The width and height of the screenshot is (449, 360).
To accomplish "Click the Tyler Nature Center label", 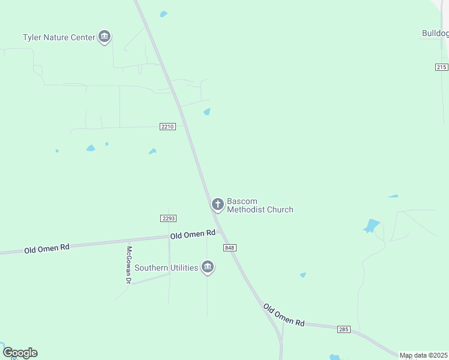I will pos(59,37).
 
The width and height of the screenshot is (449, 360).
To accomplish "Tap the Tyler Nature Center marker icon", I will pos(105,37).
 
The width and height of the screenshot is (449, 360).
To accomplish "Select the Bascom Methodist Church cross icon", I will pos(218,205).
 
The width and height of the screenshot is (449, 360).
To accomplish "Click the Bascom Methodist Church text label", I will pos(260,205).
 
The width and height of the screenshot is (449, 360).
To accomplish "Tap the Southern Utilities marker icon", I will pos(208,268).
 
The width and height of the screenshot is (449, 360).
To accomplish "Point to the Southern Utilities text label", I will pos(166,268).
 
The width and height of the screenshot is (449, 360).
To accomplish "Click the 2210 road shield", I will pos(168,127).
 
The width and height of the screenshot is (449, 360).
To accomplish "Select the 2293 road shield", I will pos(168,218).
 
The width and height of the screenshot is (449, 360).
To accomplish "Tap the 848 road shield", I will pos(229,248).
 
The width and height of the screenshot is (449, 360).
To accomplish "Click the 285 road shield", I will pos(344,329).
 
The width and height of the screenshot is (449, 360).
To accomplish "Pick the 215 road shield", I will pos(442,67).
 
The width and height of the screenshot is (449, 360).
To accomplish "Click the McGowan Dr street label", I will pos(128,265).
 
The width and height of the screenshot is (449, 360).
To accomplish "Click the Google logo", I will pos(20,353).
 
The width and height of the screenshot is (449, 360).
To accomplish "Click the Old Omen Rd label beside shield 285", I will pos(284,315).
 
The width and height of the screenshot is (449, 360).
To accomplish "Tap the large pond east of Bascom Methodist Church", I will pos(371,226).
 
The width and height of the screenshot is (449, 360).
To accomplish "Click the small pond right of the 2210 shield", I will pos(207,112).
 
